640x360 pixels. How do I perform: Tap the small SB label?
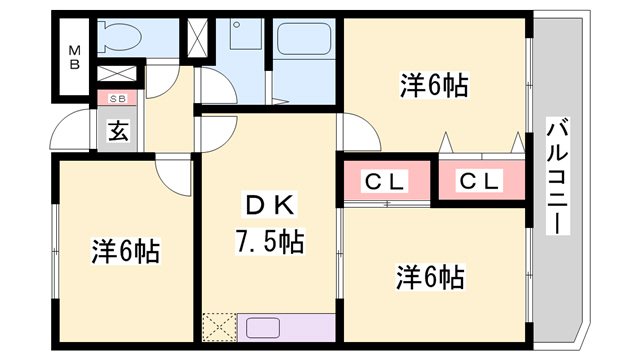(x=117, y=98)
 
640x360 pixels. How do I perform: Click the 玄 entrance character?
(x=118, y=130)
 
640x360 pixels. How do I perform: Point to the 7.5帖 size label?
(x=269, y=241)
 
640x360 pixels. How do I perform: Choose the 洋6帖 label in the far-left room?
(x=125, y=250)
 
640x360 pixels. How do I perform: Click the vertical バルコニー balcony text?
(x=557, y=176)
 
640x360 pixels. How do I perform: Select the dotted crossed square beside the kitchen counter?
(x=217, y=328)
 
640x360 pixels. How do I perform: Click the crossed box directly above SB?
(x=117, y=75)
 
